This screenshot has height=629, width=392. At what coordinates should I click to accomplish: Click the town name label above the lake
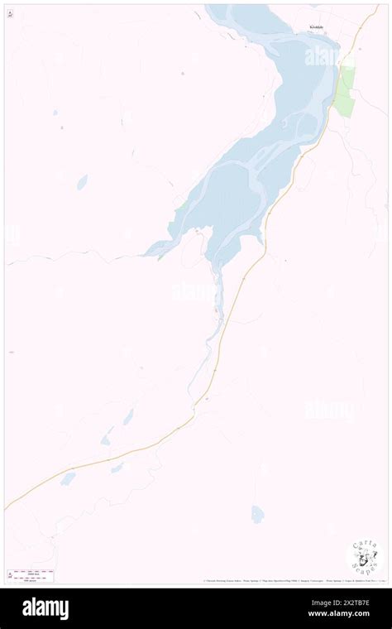pyautogui.click(x=318, y=26)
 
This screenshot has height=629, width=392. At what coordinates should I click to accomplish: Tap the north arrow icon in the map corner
pyautogui.click(x=10, y=14)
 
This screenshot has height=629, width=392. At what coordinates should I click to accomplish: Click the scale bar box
pyautogui.click(x=31, y=574)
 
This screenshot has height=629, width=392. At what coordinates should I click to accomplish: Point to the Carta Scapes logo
pyautogui.click(x=365, y=559)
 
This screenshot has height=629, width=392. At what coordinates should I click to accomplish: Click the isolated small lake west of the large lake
pyautogui.click(x=82, y=182)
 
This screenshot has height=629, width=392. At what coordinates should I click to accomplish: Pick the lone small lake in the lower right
pyautogui.click(x=257, y=514)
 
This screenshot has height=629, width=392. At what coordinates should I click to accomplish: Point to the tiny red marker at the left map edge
pyautogui.click(x=11, y=353)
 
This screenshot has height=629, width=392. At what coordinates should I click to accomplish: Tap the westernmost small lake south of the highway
pyautogui.click(x=68, y=478)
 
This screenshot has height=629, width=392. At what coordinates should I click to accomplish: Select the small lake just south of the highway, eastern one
pyautogui.click(x=117, y=468)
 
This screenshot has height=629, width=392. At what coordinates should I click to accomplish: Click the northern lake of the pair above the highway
pyautogui.click(x=128, y=416)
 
